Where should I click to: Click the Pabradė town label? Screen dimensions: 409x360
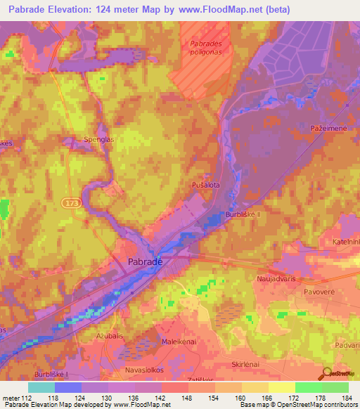(146, 261)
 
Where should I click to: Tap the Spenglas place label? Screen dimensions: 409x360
(98, 139)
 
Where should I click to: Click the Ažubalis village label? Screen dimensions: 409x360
(92, 337)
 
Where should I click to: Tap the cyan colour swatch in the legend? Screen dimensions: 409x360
(41, 387)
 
